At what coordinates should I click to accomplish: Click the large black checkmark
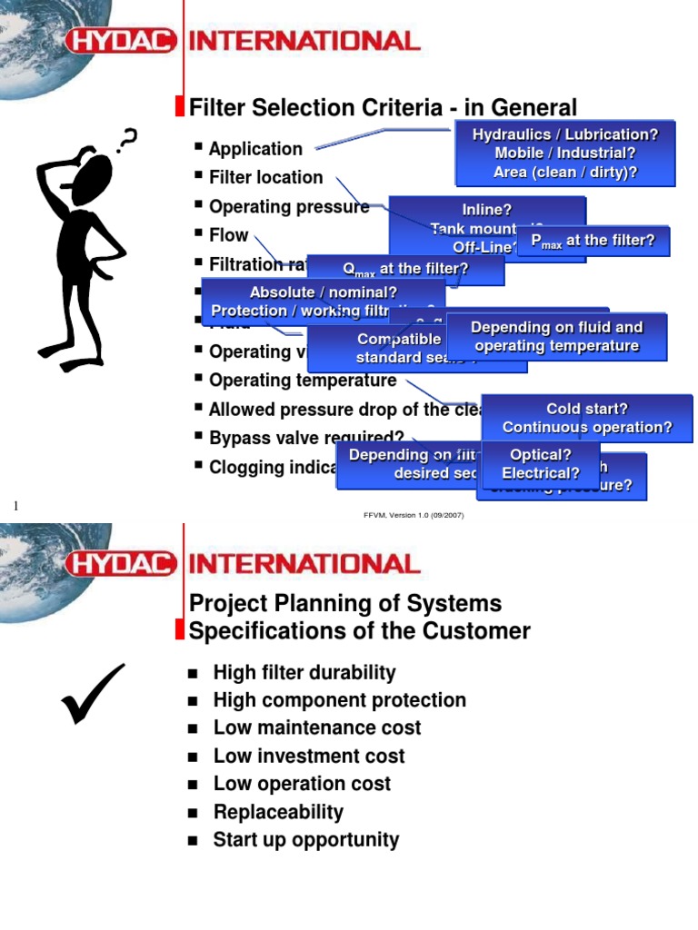[x=93, y=693]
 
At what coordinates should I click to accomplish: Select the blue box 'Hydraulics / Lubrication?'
[x=564, y=153]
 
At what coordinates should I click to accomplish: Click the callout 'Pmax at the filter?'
[x=593, y=242]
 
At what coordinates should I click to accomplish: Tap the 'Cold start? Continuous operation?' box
[x=587, y=418]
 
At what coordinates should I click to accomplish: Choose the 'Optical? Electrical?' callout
[x=541, y=464]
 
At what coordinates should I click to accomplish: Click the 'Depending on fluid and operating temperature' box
[x=556, y=336]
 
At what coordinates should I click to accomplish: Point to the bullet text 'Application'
[x=255, y=149]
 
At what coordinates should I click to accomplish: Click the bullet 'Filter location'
[x=265, y=177]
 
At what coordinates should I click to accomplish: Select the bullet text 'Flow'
[x=228, y=235]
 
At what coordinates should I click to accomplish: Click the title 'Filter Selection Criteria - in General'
[x=383, y=108]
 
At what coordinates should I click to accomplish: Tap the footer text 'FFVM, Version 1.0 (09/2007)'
[x=414, y=514]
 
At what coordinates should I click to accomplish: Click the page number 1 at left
[x=15, y=505]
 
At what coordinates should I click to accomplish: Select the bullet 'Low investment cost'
[x=308, y=756]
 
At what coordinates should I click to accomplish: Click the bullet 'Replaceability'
[x=278, y=812]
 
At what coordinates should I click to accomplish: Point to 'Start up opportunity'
[x=305, y=840]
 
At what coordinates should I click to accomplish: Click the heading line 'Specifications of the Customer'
[x=359, y=631]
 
